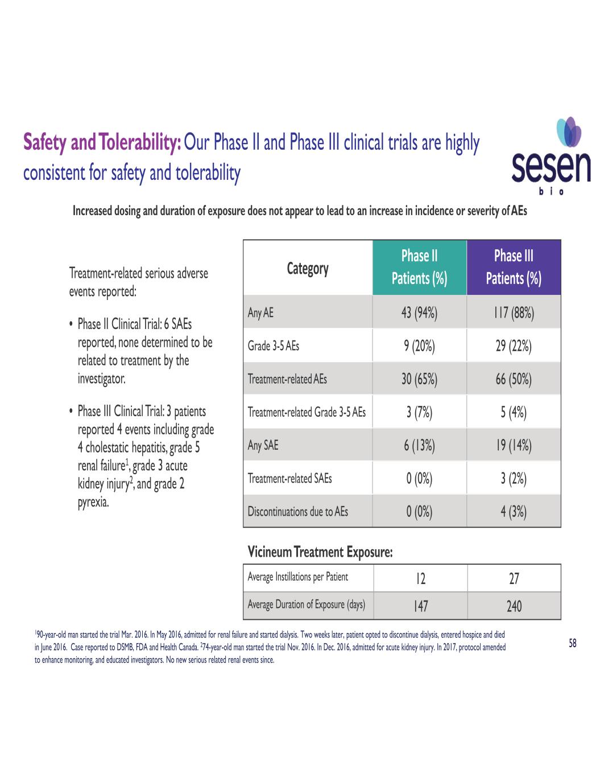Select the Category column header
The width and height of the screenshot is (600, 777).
[x=308, y=268]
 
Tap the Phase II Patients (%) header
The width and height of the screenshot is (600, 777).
[x=419, y=267]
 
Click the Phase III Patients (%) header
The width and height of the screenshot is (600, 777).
[x=514, y=267]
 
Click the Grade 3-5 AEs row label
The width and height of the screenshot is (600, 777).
[x=274, y=346]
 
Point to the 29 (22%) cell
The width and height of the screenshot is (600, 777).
[x=514, y=346]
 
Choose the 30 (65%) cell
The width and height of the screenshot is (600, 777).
[x=419, y=379]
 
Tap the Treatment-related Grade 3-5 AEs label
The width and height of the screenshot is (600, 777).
[x=307, y=412]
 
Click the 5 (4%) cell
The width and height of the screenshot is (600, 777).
[x=514, y=412]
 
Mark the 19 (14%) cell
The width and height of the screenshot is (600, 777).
[x=514, y=445]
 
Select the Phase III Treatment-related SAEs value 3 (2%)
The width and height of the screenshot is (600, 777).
[x=514, y=478]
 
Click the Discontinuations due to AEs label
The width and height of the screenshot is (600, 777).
[x=297, y=512]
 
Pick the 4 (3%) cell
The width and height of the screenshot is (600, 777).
[x=514, y=512]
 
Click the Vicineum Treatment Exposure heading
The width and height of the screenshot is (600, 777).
[x=320, y=552]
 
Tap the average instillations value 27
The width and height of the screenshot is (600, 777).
[x=514, y=579]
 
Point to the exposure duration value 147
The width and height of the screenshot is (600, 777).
[x=420, y=606]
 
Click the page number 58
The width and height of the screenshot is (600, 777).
[x=573, y=643]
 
